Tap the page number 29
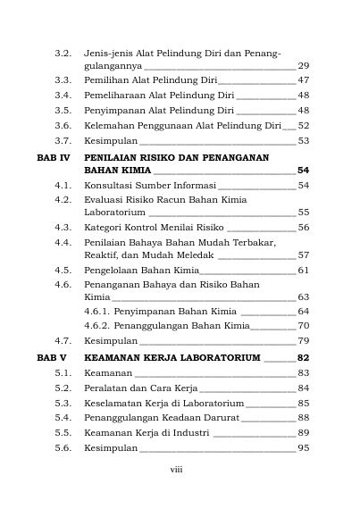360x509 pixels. (x=304, y=66)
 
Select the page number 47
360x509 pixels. (x=304, y=80)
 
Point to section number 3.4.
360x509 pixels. (x=63, y=95)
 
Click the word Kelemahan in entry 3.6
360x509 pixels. (x=107, y=126)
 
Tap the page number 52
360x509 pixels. (x=304, y=126)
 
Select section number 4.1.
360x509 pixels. (x=63, y=185)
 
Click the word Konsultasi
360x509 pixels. (x=107, y=185)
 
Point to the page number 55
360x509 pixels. (x=304, y=213)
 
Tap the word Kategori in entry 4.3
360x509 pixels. (x=103, y=228)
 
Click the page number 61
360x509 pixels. (x=304, y=270)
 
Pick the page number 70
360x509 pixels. (x=304, y=325)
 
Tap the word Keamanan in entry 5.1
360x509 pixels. (x=105, y=372)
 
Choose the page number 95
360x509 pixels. (x=304, y=448)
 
